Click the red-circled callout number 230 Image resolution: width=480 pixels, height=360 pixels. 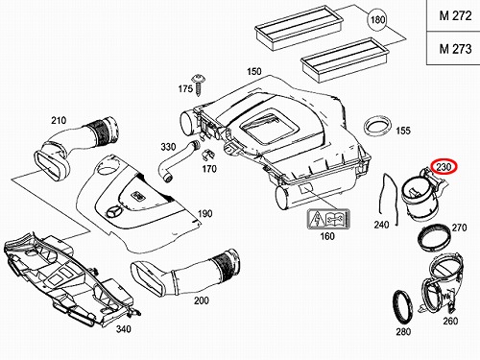click(x=444, y=167)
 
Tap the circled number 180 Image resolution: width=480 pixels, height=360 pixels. click(x=377, y=20)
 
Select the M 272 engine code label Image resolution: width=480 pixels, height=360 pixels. click(x=455, y=15)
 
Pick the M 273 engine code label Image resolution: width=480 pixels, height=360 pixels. click(x=455, y=49)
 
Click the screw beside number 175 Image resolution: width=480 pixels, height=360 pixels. click(x=198, y=84)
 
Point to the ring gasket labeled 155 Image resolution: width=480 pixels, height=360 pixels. click(x=378, y=127)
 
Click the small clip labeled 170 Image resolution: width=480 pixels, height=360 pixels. click(x=207, y=155)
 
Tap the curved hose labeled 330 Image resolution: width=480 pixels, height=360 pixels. click(x=179, y=160)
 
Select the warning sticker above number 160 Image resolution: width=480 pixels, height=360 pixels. click(x=327, y=220)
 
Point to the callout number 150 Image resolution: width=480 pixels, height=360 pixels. click(x=254, y=71)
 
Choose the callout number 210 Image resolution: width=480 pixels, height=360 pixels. click(x=59, y=121)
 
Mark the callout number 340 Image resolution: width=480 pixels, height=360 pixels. click(x=124, y=328)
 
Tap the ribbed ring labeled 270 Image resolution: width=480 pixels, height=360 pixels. click(x=434, y=238)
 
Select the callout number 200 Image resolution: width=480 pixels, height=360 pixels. click(x=202, y=300)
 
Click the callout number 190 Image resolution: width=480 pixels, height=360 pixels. click(x=204, y=213)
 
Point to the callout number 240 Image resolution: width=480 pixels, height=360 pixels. click(x=382, y=225)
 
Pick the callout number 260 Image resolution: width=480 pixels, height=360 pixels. click(x=450, y=321)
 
